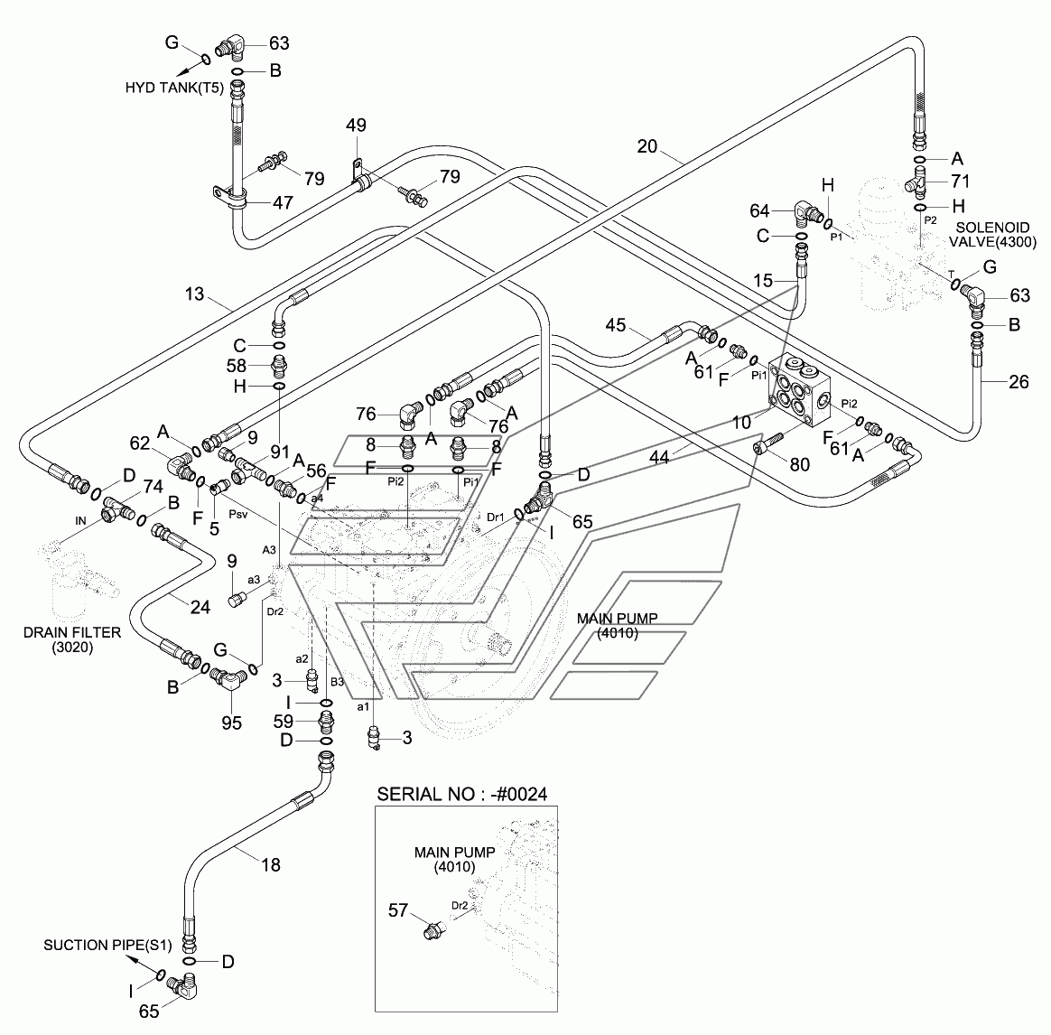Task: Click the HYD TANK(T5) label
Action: pos(174,88)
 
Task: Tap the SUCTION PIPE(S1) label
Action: pos(107,946)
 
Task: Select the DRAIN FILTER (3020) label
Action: pos(72,639)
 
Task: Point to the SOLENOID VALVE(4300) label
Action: pos(992,235)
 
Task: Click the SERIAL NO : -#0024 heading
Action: pos(461,795)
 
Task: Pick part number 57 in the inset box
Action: pos(398,909)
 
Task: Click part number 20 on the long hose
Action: pos(646,146)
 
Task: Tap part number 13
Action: pos(194,294)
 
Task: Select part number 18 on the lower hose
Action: pos(270,864)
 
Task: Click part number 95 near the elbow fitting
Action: pos(231,723)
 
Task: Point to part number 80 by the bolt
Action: pos(800,464)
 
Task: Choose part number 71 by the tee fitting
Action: pos(960,181)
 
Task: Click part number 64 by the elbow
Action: pos(759,211)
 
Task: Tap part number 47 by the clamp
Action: pos(283,201)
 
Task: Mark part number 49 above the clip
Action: pos(356,126)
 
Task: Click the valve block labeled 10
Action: pos(799,392)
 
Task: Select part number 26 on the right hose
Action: pos(1018,381)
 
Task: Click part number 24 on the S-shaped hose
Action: pos(200,607)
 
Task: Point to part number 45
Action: pos(615,325)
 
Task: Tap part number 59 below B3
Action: pos(283,722)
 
